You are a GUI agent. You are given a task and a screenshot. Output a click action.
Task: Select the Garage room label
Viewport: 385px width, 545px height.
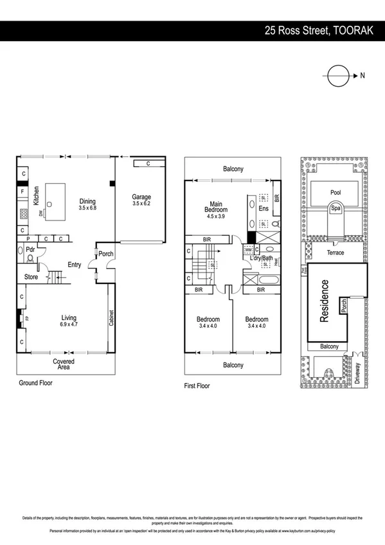point(141,197)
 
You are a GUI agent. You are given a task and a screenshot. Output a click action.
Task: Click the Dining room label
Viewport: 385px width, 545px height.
point(87,201)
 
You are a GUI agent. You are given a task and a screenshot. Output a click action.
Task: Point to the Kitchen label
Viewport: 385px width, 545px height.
point(37,193)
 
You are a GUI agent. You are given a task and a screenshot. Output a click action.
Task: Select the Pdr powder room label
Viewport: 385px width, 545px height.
point(30,250)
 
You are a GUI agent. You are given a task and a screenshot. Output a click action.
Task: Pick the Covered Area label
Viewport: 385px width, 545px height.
point(63,365)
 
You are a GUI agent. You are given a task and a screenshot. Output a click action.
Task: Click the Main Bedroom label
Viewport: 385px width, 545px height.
point(215,206)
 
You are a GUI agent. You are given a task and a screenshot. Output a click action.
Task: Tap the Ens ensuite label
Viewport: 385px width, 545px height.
point(262,208)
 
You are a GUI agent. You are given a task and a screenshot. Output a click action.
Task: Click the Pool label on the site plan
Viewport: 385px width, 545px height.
point(335,192)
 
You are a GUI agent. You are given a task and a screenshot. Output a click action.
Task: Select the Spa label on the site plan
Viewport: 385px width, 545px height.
point(335,209)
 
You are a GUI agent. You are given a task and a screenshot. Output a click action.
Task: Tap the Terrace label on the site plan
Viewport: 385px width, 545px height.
point(335,253)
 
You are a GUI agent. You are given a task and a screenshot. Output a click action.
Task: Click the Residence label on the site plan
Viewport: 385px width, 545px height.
point(325,301)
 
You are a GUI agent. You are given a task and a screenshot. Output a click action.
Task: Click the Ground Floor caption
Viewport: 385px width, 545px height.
point(35,383)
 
